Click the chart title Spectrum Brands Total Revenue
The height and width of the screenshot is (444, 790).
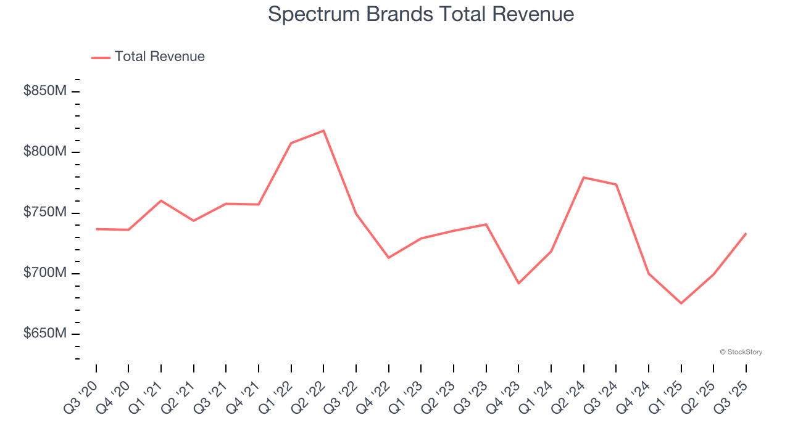point(421,14)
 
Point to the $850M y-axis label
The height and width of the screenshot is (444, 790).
point(45,91)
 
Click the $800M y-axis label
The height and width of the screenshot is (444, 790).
point(45,152)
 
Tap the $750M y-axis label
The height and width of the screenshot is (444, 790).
point(45,212)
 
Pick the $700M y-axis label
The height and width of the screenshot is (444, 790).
point(45,273)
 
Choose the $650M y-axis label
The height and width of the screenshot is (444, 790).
point(45,334)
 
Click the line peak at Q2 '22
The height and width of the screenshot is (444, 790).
point(323,131)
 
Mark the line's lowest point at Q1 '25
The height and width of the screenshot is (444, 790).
point(681,303)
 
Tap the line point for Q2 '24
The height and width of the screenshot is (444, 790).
point(583,178)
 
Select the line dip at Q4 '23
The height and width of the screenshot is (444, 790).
point(518,284)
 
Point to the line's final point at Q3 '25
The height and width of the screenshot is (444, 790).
point(746,234)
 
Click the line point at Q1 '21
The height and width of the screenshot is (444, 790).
point(161,200)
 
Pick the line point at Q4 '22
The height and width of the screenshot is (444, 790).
point(388,258)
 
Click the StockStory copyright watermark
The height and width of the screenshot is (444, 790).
point(741,352)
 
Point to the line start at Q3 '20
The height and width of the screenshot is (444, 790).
point(96,229)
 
